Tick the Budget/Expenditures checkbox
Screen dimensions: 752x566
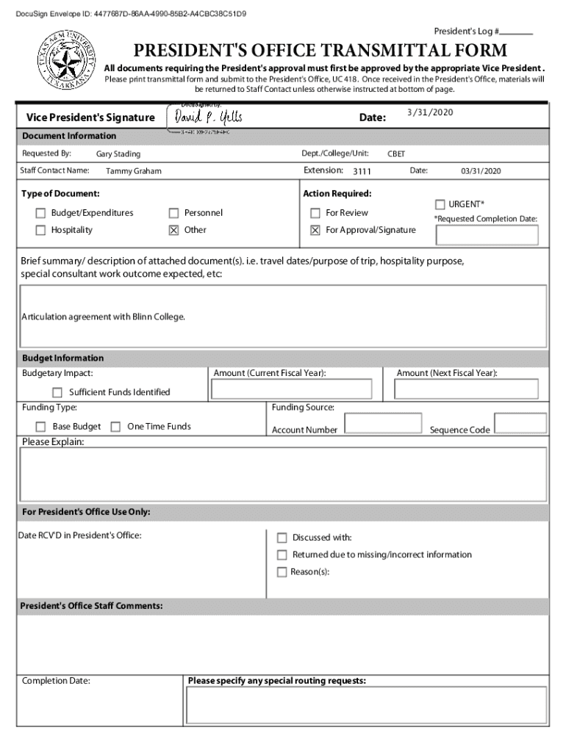(x=41, y=213)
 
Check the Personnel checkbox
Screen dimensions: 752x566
(x=174, y=213)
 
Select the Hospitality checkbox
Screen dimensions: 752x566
(x=41, y=230)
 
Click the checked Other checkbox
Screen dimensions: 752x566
(x=174, y=230)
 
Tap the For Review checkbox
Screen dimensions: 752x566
(x=315, y=213)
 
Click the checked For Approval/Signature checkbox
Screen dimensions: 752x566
(x=315, y=230)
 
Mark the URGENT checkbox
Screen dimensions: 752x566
(x=440, y=204)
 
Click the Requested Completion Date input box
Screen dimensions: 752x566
(x=487, y=235)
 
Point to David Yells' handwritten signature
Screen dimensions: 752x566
(x=207, y=117)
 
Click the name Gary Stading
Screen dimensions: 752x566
(x=118, y=154)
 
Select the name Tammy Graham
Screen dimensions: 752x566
(x=134, y=171)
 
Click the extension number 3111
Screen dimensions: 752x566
(x=362, y=171)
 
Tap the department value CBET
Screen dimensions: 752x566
(x=396, y=154)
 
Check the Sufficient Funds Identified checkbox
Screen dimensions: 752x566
(x=57, y=392)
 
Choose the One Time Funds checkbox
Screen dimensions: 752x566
(x=115, y=427)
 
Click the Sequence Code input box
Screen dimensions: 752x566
(x=520, y=424)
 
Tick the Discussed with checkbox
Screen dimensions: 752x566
(x=282, y=538)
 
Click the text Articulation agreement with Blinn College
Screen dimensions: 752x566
(x=104, y=317)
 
